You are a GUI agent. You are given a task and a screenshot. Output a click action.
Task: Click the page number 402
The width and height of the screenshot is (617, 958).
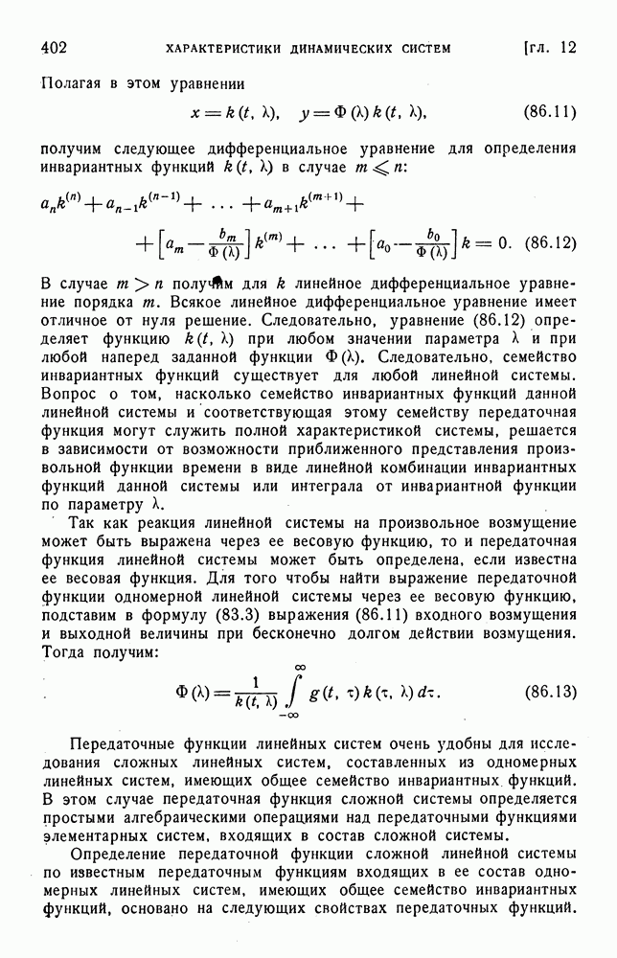click(54, 47)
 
